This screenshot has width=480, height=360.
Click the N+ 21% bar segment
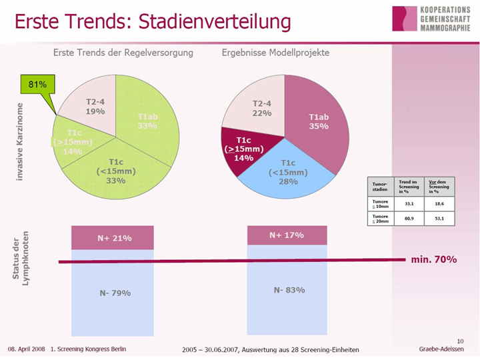click(x=113, y=238)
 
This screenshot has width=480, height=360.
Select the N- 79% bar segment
click(x=113, y=293)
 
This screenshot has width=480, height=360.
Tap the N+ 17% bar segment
click(x=287, y=235)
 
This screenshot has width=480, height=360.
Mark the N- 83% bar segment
click(x=287, y=290)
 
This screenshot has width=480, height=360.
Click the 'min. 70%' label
click(x=434, y=259)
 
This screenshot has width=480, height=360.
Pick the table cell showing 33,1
click(x=409, y=203)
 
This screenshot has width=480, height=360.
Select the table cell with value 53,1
click(x=439, y=218)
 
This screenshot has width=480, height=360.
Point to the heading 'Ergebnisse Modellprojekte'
click(x=275, y=53)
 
